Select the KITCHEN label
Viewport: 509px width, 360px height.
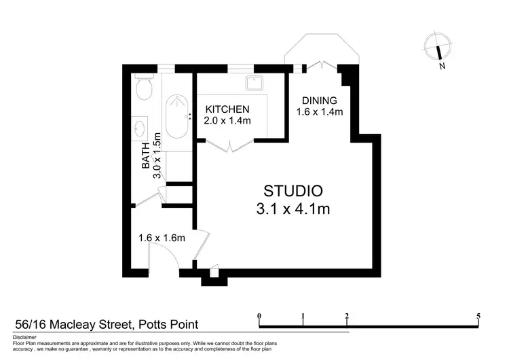[228, 109]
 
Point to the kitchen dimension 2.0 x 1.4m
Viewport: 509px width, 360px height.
[228, 121]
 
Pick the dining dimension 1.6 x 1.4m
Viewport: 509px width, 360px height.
[320, 112]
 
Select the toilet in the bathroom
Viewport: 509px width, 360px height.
[143, 88]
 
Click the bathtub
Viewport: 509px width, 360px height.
[178, 115]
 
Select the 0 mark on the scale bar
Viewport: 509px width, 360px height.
[259, 316]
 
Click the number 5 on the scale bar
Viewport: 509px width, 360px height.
[478, 316]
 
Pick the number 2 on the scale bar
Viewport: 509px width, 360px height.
[347, 316]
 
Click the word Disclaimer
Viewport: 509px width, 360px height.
[25, 337]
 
